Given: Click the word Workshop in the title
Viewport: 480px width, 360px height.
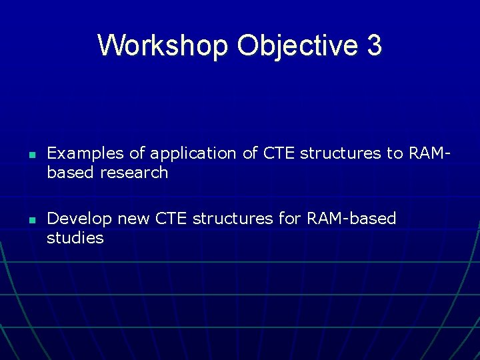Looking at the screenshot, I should pyautogui.click(x=163, y=45).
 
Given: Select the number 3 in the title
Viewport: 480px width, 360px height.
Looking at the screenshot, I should pyautogui.click(x=374, y=45).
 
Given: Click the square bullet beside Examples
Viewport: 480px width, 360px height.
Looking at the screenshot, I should pyautogui.click(x=31, y=155).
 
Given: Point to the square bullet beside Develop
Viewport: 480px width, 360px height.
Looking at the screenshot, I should pyautogui.click(x=31, y=220).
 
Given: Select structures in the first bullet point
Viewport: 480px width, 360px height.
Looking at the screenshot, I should pyautogui.click(x=341, y=153).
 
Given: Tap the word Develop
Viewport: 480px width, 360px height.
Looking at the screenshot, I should pyautogui.click(x=79, y=219).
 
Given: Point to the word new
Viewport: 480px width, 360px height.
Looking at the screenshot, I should pyautogui.click(x=132, y=219).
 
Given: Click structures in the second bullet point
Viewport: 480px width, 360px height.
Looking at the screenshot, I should pyautogui.click(x=231, y=219).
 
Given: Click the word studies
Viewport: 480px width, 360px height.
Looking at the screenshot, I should pyautogui.click(x=75, y=238).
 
